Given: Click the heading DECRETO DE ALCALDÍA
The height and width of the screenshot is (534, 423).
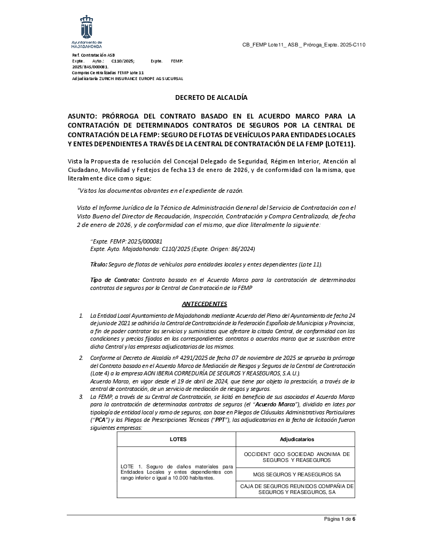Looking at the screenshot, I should click(211, 98).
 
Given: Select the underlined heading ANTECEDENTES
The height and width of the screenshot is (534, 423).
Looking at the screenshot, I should click(205, 304).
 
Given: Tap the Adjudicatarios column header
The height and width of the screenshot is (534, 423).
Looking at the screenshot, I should click(296, 439).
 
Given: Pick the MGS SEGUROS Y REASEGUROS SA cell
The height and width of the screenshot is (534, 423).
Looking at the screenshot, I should click(296, 474).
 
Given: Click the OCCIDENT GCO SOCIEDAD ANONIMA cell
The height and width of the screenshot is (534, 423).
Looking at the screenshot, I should click(296, 457).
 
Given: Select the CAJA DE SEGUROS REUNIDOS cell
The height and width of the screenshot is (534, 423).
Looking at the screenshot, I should click(296, 490).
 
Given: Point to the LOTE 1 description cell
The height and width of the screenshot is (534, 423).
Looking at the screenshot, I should click(176, 472).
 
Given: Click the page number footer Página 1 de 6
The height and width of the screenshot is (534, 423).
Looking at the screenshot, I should click(340, 519).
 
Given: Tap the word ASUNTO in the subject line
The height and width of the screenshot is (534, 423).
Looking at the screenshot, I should click(83, 116).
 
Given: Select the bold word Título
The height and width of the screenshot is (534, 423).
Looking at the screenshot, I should click(99, 264).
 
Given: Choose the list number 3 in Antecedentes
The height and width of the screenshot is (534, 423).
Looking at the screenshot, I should click(81, 397).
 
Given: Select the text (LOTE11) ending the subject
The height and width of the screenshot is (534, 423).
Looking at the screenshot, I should click(340, 144).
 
